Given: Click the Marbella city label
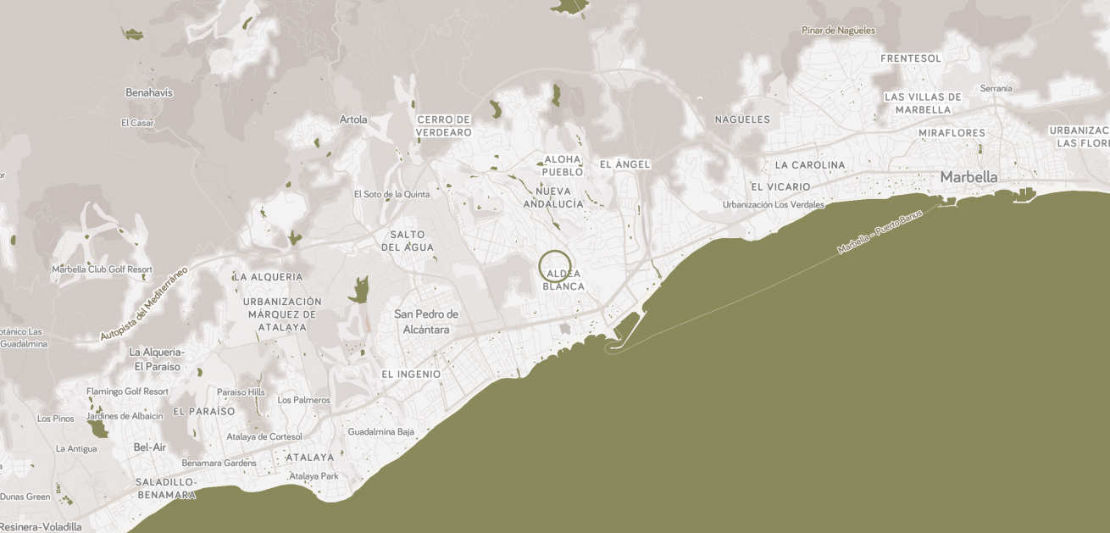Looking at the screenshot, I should click(968, 177).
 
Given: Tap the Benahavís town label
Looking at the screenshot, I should click(149, 92).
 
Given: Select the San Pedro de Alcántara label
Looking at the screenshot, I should click(426, 322).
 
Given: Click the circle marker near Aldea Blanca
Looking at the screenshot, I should click(555, 266).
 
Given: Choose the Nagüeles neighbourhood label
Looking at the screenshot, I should click(742, 119).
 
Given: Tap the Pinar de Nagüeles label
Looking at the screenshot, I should click(838, 31).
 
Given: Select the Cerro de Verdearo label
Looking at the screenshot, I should click(443, 126).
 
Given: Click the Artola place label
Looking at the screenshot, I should click(353, 119).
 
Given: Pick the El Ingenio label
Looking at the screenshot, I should click(411, 374).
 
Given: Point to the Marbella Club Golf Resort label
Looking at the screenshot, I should click(102, 269).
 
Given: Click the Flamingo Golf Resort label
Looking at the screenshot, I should click(127, 391).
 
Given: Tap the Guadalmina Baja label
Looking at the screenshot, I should click(381, 431).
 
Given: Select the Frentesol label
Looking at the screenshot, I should click(911, 58).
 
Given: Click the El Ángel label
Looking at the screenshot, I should click(624, 164).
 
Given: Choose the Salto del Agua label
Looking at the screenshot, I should click(408, 241).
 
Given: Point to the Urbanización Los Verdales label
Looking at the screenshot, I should click(773, 204).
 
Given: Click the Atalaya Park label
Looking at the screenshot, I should click(314, 476).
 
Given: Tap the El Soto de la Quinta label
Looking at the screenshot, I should click(391, 194).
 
